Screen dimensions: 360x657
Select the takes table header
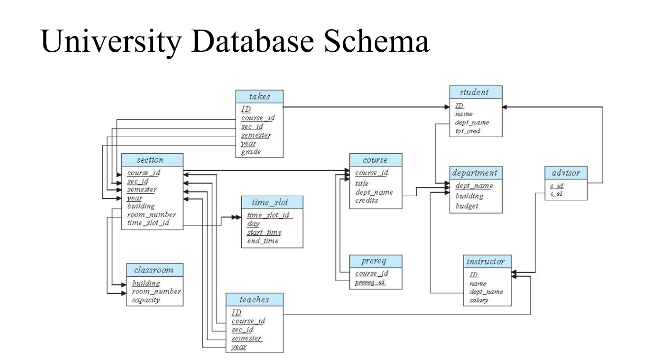[x=259, y=96]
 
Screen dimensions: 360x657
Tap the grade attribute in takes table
[x=251, y=152]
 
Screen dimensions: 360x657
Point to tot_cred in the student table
[x=468, y=131]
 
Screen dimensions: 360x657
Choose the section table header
[x=150, y=160]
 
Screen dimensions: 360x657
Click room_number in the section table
[x=151, y=215]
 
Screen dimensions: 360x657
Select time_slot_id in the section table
[x=148, y=223]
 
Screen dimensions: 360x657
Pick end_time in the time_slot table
[x=262, y=241]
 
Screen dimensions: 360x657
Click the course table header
[x=375, y=160]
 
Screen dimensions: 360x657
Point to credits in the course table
[x=366, y=201]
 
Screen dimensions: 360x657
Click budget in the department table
[x=467, y=206]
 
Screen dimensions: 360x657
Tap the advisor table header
[x=566, y=173]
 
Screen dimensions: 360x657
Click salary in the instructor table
[x=478, y=300]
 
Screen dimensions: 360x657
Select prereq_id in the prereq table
[x=370, y=283]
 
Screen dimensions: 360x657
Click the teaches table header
[x=255, y=299]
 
